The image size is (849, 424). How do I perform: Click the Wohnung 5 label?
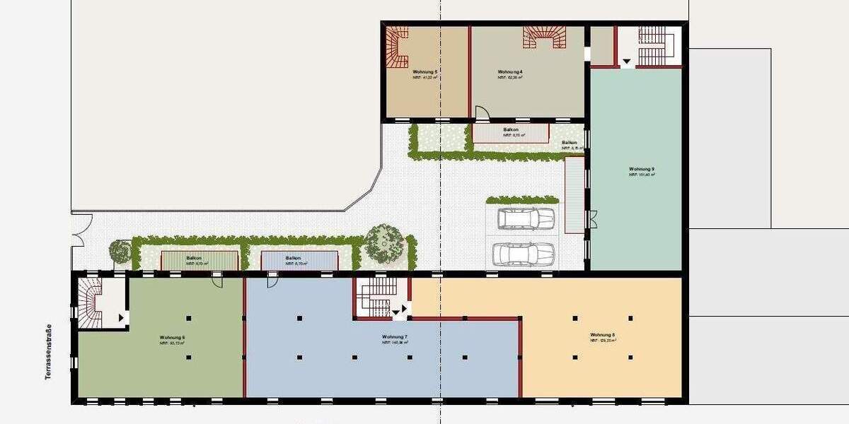point(425,72)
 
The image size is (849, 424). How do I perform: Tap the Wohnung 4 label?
point(509,72)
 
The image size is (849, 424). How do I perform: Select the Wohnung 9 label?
point(642,170)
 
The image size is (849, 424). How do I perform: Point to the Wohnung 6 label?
point(173,337)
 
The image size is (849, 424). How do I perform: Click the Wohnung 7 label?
point(394,337)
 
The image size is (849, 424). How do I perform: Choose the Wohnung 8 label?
point(602,334)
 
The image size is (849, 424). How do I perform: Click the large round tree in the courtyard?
point(386,242)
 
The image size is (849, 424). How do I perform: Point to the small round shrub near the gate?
point(120,251)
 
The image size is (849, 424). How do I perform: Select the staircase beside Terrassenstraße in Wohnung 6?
point(90,302)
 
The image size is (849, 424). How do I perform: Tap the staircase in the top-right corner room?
point(649,44)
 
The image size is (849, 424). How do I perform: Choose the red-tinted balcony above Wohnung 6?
point(200,260)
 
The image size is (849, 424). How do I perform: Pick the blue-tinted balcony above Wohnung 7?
point(298,260)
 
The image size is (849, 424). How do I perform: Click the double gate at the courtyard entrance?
point(79,230)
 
